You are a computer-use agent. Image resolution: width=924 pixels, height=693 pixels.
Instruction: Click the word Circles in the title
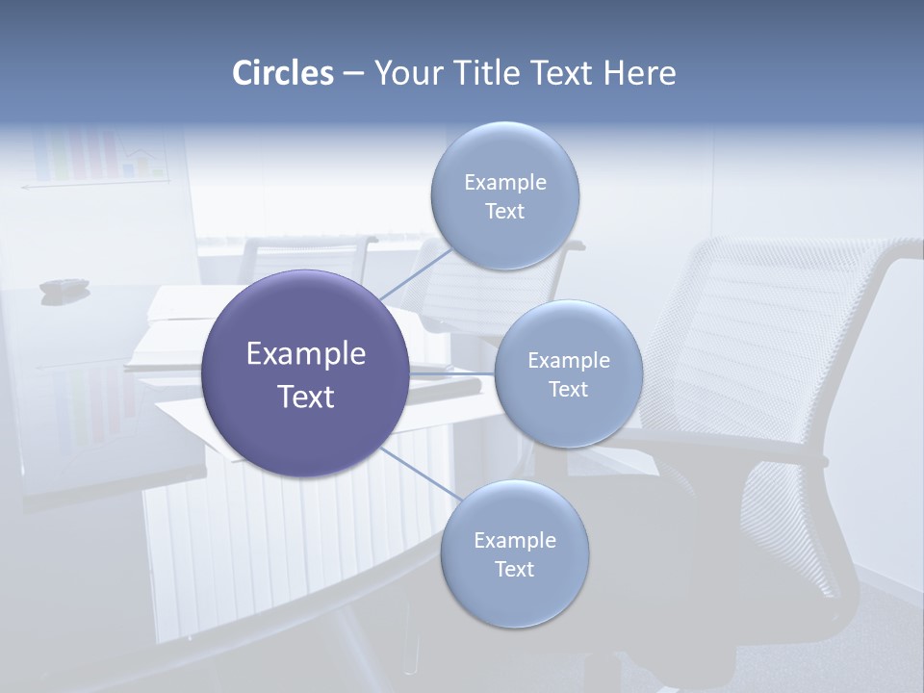(283, 73)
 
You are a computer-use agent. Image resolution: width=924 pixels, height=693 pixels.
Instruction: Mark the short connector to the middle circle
(452, 373)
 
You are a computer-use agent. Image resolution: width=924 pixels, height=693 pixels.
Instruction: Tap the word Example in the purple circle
(306, 354)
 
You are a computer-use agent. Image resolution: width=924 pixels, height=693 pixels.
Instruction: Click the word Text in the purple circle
(306, 397)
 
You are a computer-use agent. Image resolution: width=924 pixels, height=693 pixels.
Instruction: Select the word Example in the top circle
(504, 183)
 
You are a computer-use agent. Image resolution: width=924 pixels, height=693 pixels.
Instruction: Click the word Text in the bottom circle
(514, 569)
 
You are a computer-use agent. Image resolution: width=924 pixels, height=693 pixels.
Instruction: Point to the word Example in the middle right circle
(568, 361)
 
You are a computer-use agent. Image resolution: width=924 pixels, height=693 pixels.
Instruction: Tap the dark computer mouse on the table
(64, 286)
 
